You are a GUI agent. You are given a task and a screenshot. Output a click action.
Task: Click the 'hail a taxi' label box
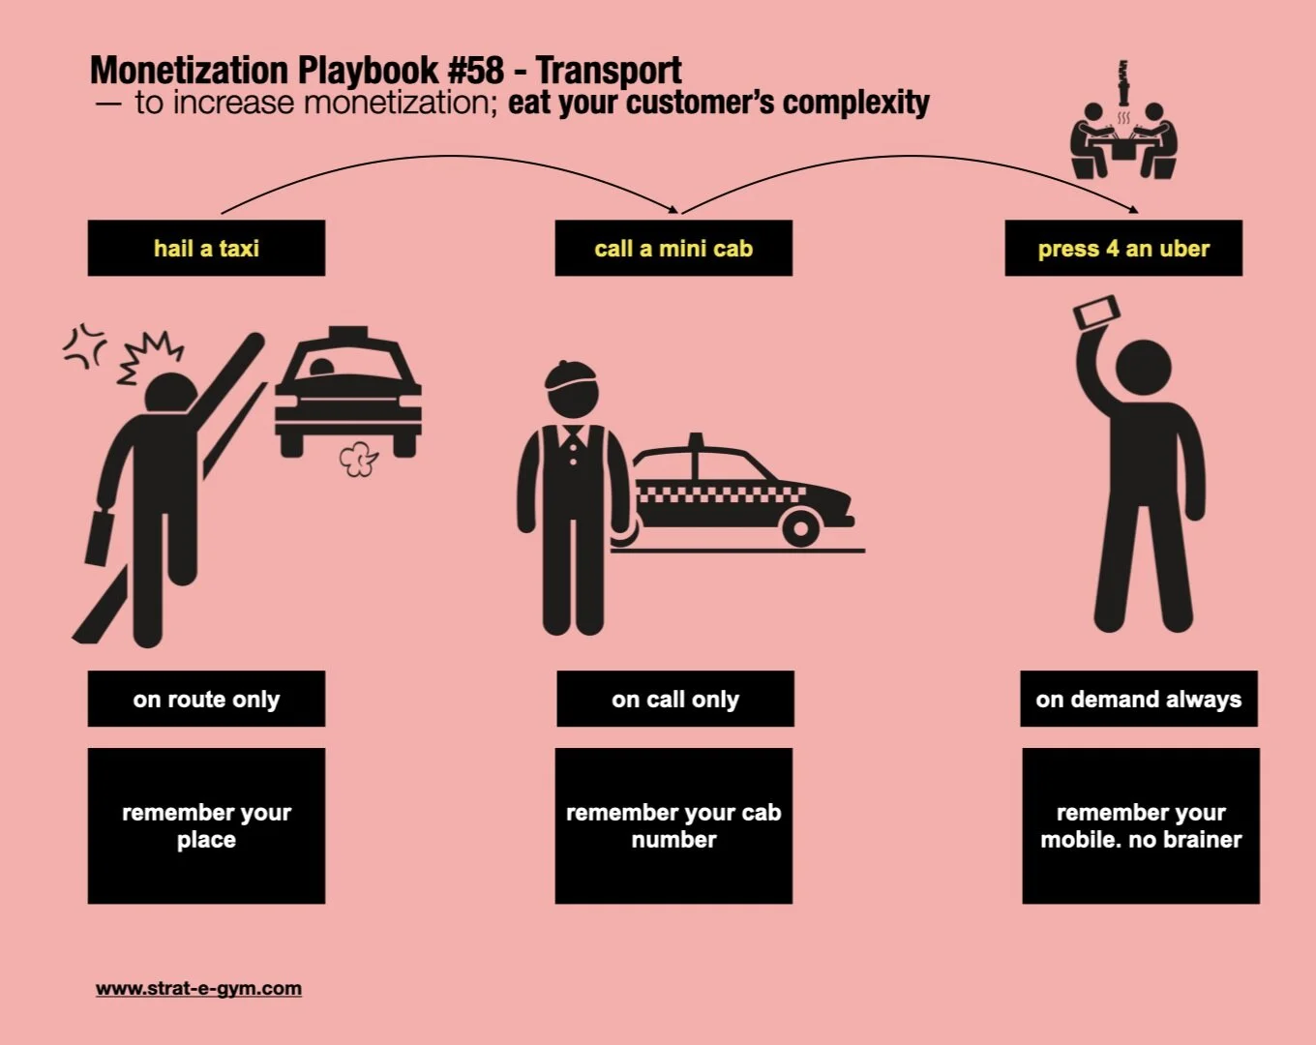(x=206, y=249)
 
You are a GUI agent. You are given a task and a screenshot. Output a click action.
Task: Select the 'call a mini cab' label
(x=673, y=249)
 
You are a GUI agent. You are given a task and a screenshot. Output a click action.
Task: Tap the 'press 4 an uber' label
(x=1123, y=249)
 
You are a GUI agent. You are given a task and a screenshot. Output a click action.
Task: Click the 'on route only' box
(x=206, y=699)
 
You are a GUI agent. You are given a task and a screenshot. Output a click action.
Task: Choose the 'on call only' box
(x=675, y=699)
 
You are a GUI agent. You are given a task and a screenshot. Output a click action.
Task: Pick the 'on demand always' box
(x=1139, y=699)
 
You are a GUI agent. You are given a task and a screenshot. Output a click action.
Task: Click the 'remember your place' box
(x=206, y=825)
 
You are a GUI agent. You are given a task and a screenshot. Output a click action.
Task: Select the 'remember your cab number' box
(x=673, y=825)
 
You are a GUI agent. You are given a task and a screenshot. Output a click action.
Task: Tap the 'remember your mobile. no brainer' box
(x=1141, y=825)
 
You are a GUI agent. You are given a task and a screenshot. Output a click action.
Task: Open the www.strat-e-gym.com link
(x=198, y=989)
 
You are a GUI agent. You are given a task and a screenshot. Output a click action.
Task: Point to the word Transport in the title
(x=609, y=71)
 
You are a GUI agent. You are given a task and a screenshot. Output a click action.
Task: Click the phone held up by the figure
(x=1097, y=313)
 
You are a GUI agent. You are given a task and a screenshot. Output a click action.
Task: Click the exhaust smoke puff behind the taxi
(x=359, y=460)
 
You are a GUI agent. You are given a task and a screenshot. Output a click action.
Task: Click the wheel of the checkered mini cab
(x=800, y=528)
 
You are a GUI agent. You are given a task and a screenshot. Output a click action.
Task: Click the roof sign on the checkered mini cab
(x=695, y=442)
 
